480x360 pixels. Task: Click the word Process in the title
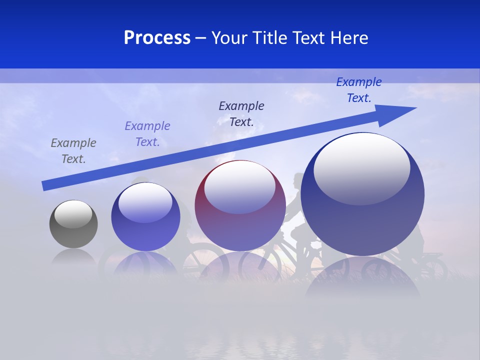pyautogui.click(x=157, y=38)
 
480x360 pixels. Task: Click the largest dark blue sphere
pyautogui.click(x=362, y=220)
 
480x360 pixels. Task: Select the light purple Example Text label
pyautogui.click(x=147, y=134)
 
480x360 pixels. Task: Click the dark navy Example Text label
pyautogui.click(x=241, y=113)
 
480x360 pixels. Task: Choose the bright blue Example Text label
pyautogui.click(x=359, y=90)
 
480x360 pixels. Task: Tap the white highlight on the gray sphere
pyautogui.click(x=73, y=213)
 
